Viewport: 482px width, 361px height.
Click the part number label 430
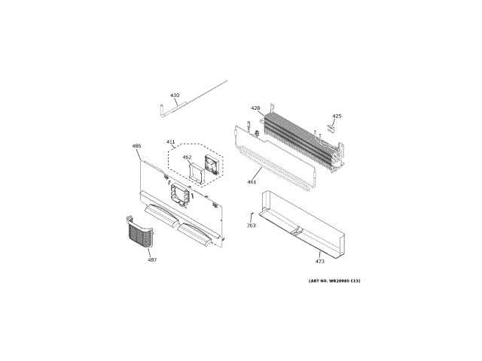coord(175,96)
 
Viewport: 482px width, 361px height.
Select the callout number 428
coord(255,108)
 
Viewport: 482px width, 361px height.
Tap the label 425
coord(337,116)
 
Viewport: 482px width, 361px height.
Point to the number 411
coord(170,141)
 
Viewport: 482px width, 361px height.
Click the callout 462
coord(187,157)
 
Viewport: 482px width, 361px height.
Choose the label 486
coord(136,145)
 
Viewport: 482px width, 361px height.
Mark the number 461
coord(252,182)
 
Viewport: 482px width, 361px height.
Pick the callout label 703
coord(251,226)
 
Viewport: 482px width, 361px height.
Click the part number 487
coord(152,259)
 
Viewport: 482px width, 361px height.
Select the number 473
coord(319,262)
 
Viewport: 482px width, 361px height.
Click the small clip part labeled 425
coord(328,128)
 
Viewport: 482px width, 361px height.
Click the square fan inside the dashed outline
coord(211,163)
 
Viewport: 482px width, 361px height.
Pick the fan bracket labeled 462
coord(196,171)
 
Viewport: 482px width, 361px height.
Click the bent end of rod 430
coord(163,111)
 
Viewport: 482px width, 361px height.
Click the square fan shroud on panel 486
coord(181,194)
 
